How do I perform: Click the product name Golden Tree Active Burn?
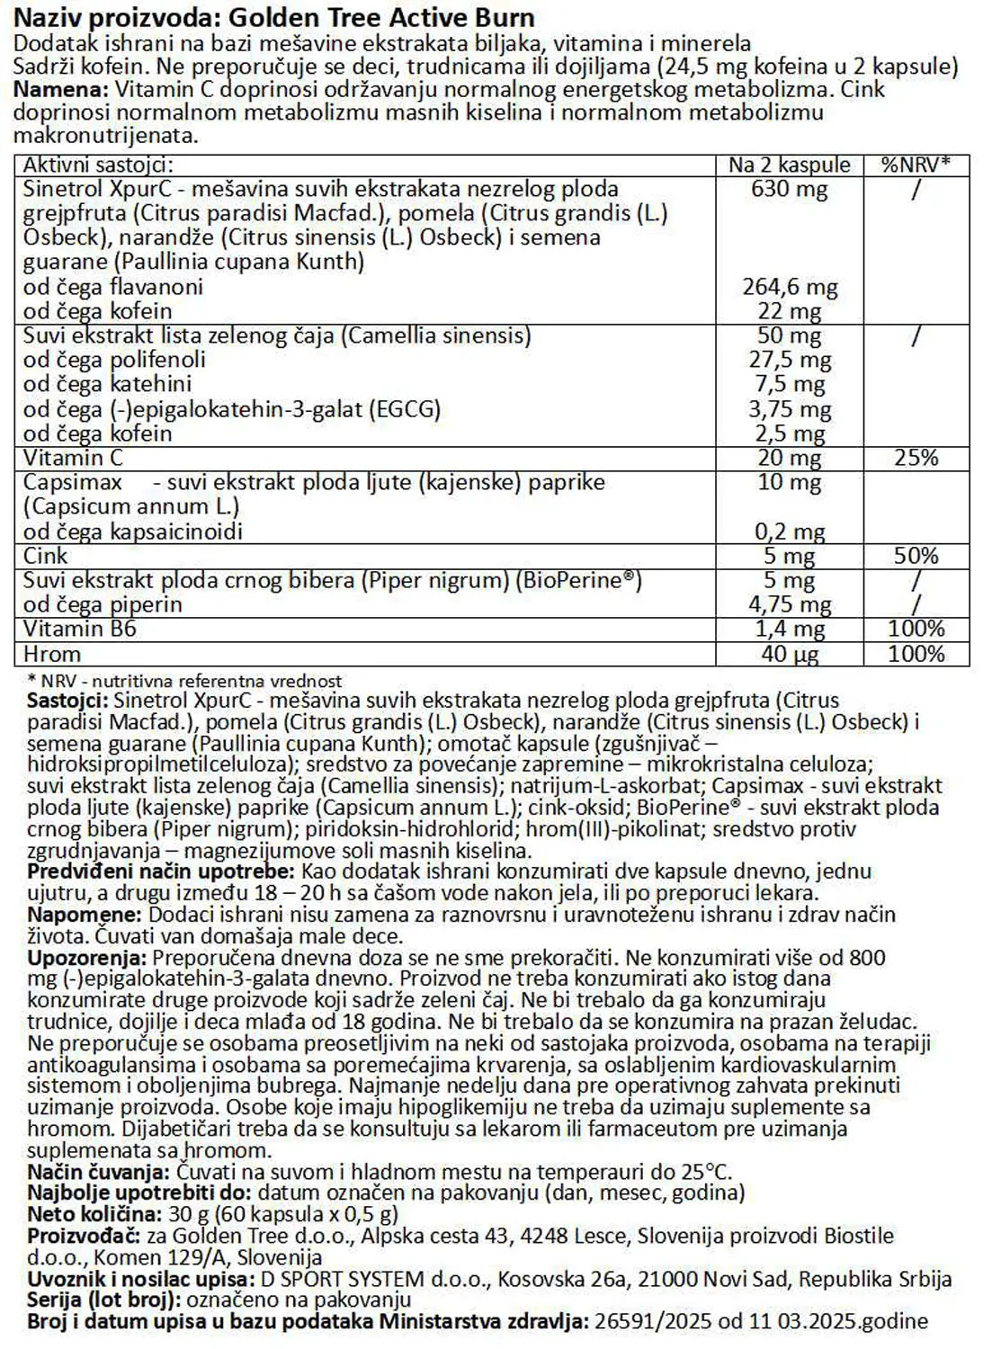381,17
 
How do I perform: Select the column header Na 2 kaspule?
789,165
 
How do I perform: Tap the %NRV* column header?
916,165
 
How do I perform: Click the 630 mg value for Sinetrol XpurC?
789,189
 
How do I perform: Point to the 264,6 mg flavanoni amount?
790,287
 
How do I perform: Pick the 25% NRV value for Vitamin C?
916,458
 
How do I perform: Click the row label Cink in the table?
46,556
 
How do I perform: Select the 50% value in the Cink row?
916,556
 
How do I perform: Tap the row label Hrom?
52,654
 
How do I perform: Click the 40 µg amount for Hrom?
790,654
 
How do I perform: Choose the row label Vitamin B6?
80,629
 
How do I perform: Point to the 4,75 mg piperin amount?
790,604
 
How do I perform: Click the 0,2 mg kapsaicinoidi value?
790,532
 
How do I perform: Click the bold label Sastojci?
68,701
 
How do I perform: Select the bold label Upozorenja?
86,958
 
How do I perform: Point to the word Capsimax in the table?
73,482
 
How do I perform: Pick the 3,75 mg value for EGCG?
790,409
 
